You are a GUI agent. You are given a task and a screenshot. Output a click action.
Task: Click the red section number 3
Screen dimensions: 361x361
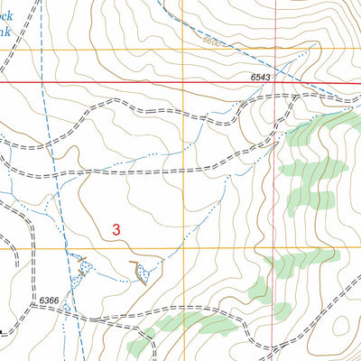coord(116,230)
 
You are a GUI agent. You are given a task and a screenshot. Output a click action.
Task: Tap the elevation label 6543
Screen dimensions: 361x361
coord(262,79)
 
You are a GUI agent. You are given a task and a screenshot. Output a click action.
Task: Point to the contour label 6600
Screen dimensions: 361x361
coord(211,42)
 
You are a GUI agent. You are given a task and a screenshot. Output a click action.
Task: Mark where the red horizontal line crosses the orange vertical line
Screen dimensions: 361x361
coord(184,84)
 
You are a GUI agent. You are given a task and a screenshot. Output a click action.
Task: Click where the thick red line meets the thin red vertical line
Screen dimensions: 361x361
coord(274,84)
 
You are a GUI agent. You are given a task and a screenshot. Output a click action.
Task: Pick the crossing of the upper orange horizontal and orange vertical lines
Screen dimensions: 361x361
coord(184,49)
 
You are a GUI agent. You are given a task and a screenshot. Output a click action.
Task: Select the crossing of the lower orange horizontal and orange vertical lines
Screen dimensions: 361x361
coord(184,248)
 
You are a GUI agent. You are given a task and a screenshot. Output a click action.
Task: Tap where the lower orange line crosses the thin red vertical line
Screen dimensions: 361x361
coord(274,248)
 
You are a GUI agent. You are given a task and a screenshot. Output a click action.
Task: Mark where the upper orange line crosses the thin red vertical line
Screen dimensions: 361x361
coord(274,49)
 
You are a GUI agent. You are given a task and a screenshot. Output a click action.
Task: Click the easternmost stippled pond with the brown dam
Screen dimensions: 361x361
coord(142,269)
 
